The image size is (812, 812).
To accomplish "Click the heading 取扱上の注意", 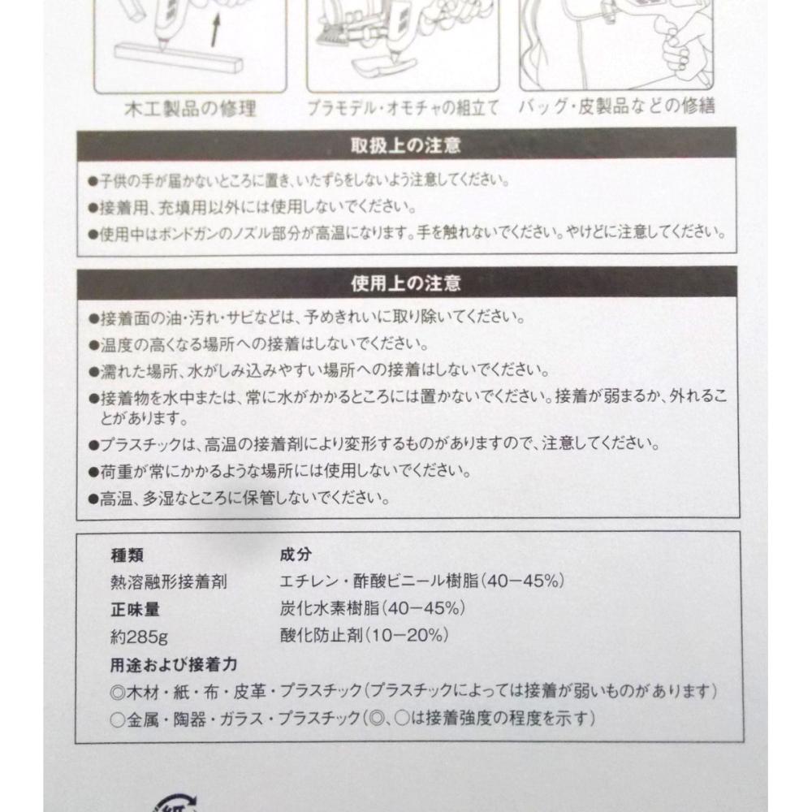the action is (405, 145).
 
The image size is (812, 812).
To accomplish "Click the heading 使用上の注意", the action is (405, 283).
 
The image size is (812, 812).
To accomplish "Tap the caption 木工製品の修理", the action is (191, 109).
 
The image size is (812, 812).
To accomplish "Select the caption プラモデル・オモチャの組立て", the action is (403, 108).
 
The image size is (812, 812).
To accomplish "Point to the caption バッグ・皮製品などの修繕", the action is (617, 106).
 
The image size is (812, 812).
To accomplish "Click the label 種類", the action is (127, 555).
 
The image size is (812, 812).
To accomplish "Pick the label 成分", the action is (296, 555).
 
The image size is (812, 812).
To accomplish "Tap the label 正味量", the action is (135, 610).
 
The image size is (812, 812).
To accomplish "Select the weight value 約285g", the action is (139, 637).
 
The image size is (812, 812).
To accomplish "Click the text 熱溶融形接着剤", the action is (169, 582).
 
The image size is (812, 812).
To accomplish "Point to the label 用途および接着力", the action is (174, 664).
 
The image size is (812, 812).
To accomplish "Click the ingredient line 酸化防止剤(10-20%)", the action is (364, 635).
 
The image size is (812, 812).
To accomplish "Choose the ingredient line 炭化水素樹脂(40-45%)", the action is (373, 608).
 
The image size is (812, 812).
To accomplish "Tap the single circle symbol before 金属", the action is (118, 719).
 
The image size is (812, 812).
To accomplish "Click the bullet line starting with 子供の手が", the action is (299, 180).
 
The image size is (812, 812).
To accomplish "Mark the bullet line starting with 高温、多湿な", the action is (240, 499).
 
